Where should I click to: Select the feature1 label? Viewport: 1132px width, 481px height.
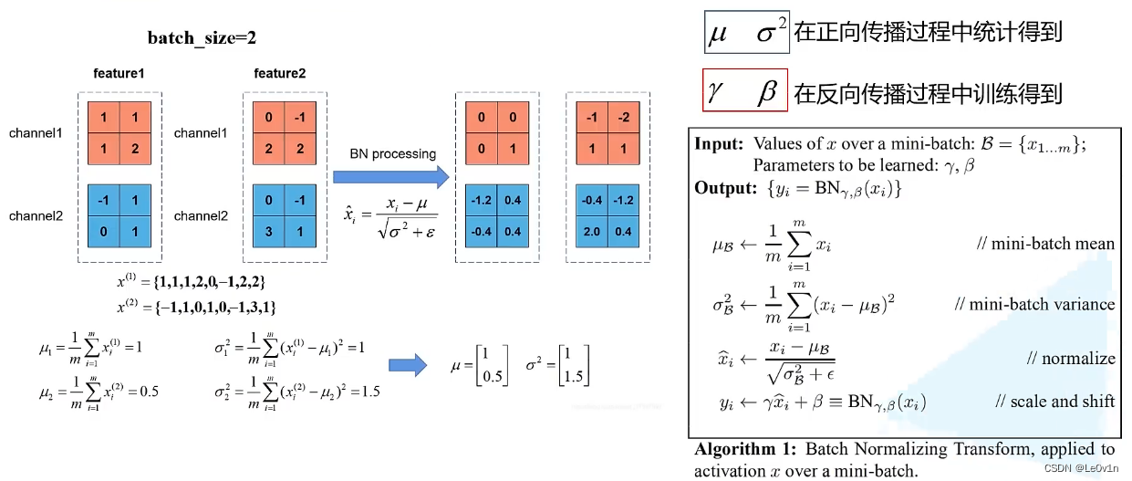tap(119, 73)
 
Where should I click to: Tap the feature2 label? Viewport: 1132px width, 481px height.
tap(280, 73)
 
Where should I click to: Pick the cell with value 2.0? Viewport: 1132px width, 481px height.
tap(594, 232)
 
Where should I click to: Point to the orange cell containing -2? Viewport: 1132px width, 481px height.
tap(624, 119)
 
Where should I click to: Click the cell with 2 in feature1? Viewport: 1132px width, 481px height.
tap(134, 148)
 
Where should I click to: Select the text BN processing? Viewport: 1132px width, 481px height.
tap(393, 153)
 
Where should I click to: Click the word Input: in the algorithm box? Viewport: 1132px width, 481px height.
tap(718, 145)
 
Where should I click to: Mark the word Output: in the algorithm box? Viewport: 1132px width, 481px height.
tap(723, 187)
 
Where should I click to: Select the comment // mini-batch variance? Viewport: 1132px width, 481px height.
tap(1034, 305)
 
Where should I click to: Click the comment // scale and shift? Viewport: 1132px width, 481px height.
tap(1054, 401)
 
